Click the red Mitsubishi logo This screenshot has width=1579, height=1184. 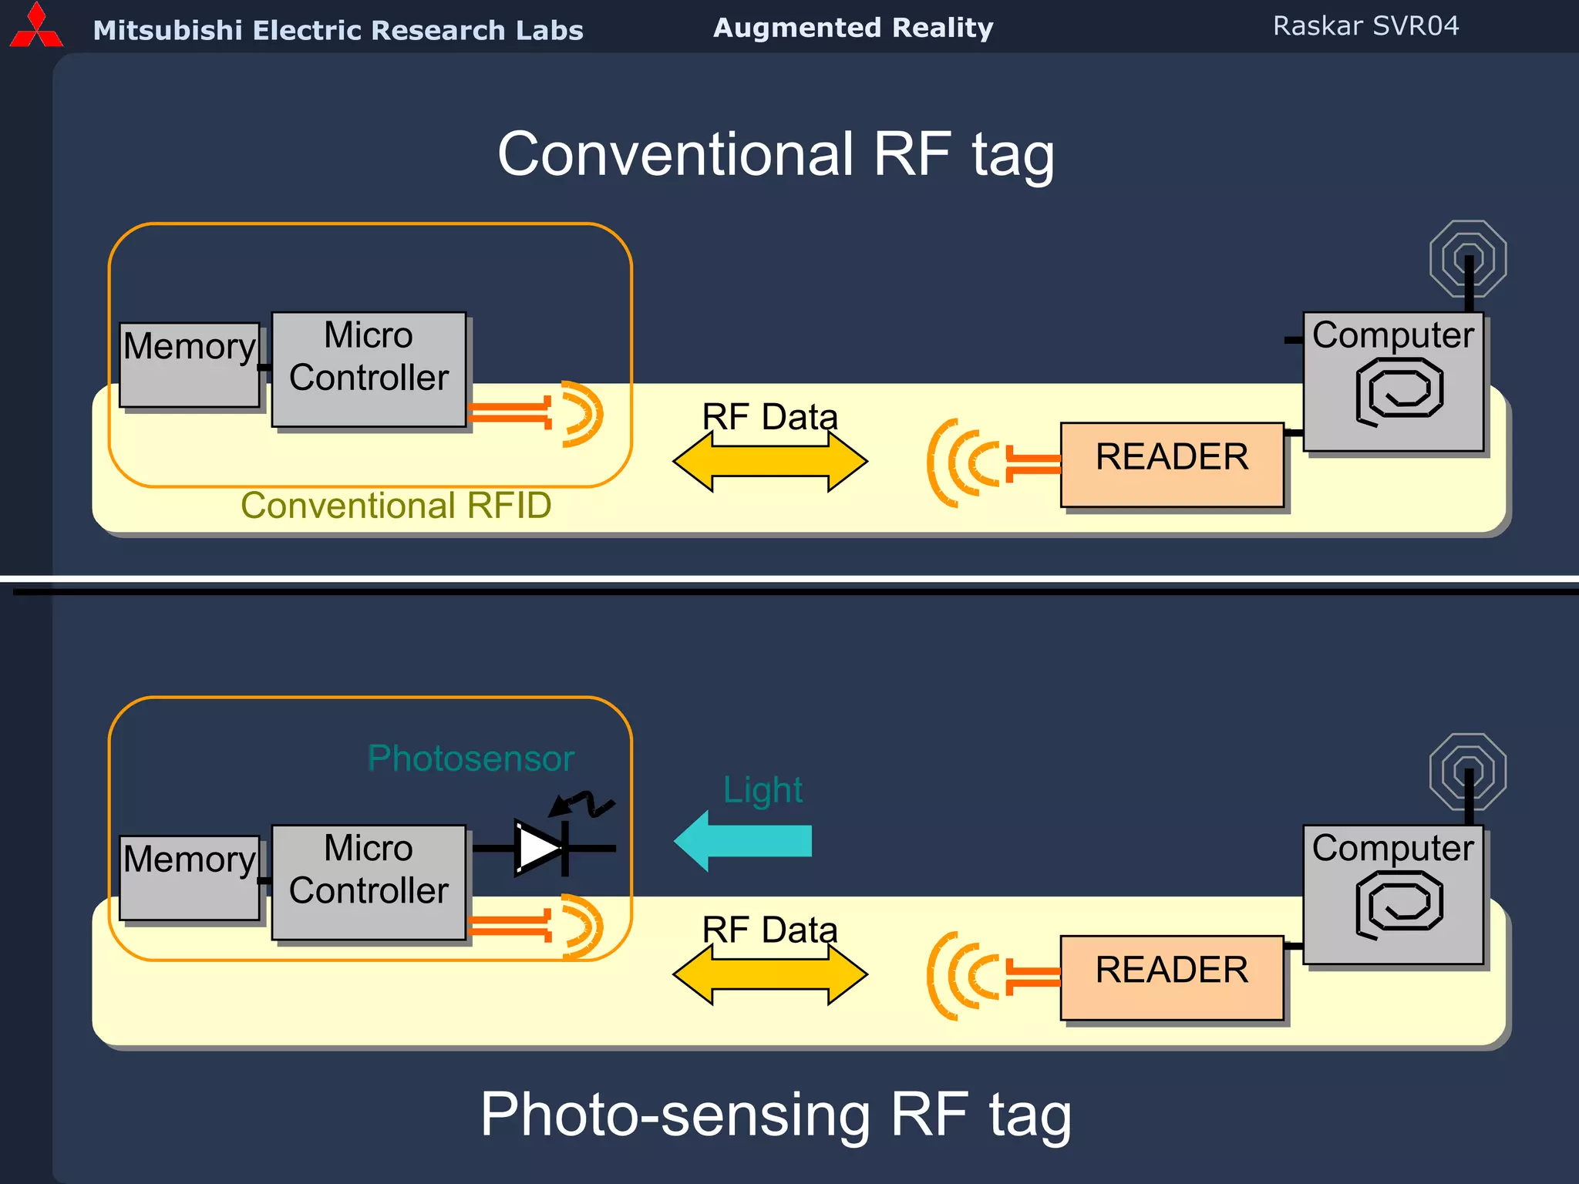[35, 27]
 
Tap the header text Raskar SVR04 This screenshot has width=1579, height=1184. [1365, 26]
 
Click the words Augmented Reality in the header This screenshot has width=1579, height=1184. [853, 28]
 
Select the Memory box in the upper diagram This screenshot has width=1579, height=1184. [190, 365]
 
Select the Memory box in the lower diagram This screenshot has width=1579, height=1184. [190, 877]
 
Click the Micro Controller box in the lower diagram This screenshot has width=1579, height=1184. [369, 882]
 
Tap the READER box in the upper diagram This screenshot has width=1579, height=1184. [1171, 464]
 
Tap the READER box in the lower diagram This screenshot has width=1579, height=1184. [1171, 977]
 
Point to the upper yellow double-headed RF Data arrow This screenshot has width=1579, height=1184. [769, 462]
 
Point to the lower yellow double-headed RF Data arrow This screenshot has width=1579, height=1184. [769, 974]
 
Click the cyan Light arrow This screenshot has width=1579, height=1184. [744, 840]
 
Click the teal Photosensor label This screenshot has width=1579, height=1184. [470, 758]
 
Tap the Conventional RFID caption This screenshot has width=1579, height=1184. [396, 506]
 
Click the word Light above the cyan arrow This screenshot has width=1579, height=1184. [763, 790]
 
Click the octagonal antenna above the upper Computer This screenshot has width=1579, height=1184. [1467, 258]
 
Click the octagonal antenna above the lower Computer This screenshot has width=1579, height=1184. [1467, 771]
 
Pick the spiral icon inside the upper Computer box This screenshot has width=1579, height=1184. [1399, 392]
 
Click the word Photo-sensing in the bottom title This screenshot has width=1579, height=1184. [675, 1115]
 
